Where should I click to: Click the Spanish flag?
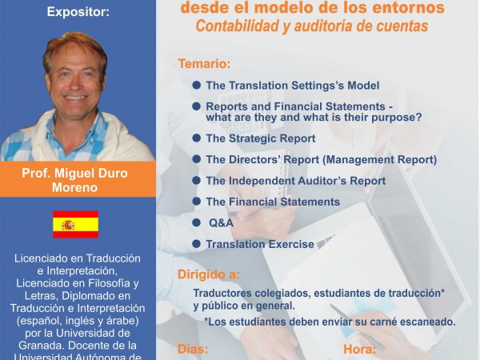tap(76, 224)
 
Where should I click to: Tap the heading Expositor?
tap(78, 12)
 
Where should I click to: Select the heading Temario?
tap(204, 64)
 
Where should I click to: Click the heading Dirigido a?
tap(209, 274)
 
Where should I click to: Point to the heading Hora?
tap(360, 350)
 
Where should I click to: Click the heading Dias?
tap(193, 350)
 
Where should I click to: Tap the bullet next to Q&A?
tap(196, 222)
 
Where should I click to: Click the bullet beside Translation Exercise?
tap(196, 244)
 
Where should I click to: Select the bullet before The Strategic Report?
tap(196, 138)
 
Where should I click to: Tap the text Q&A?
tap(221, 223)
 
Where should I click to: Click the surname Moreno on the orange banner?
tap(75, 187)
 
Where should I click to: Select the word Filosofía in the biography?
tap(106, 283)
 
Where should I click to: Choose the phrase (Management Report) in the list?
tap(380, 160)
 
